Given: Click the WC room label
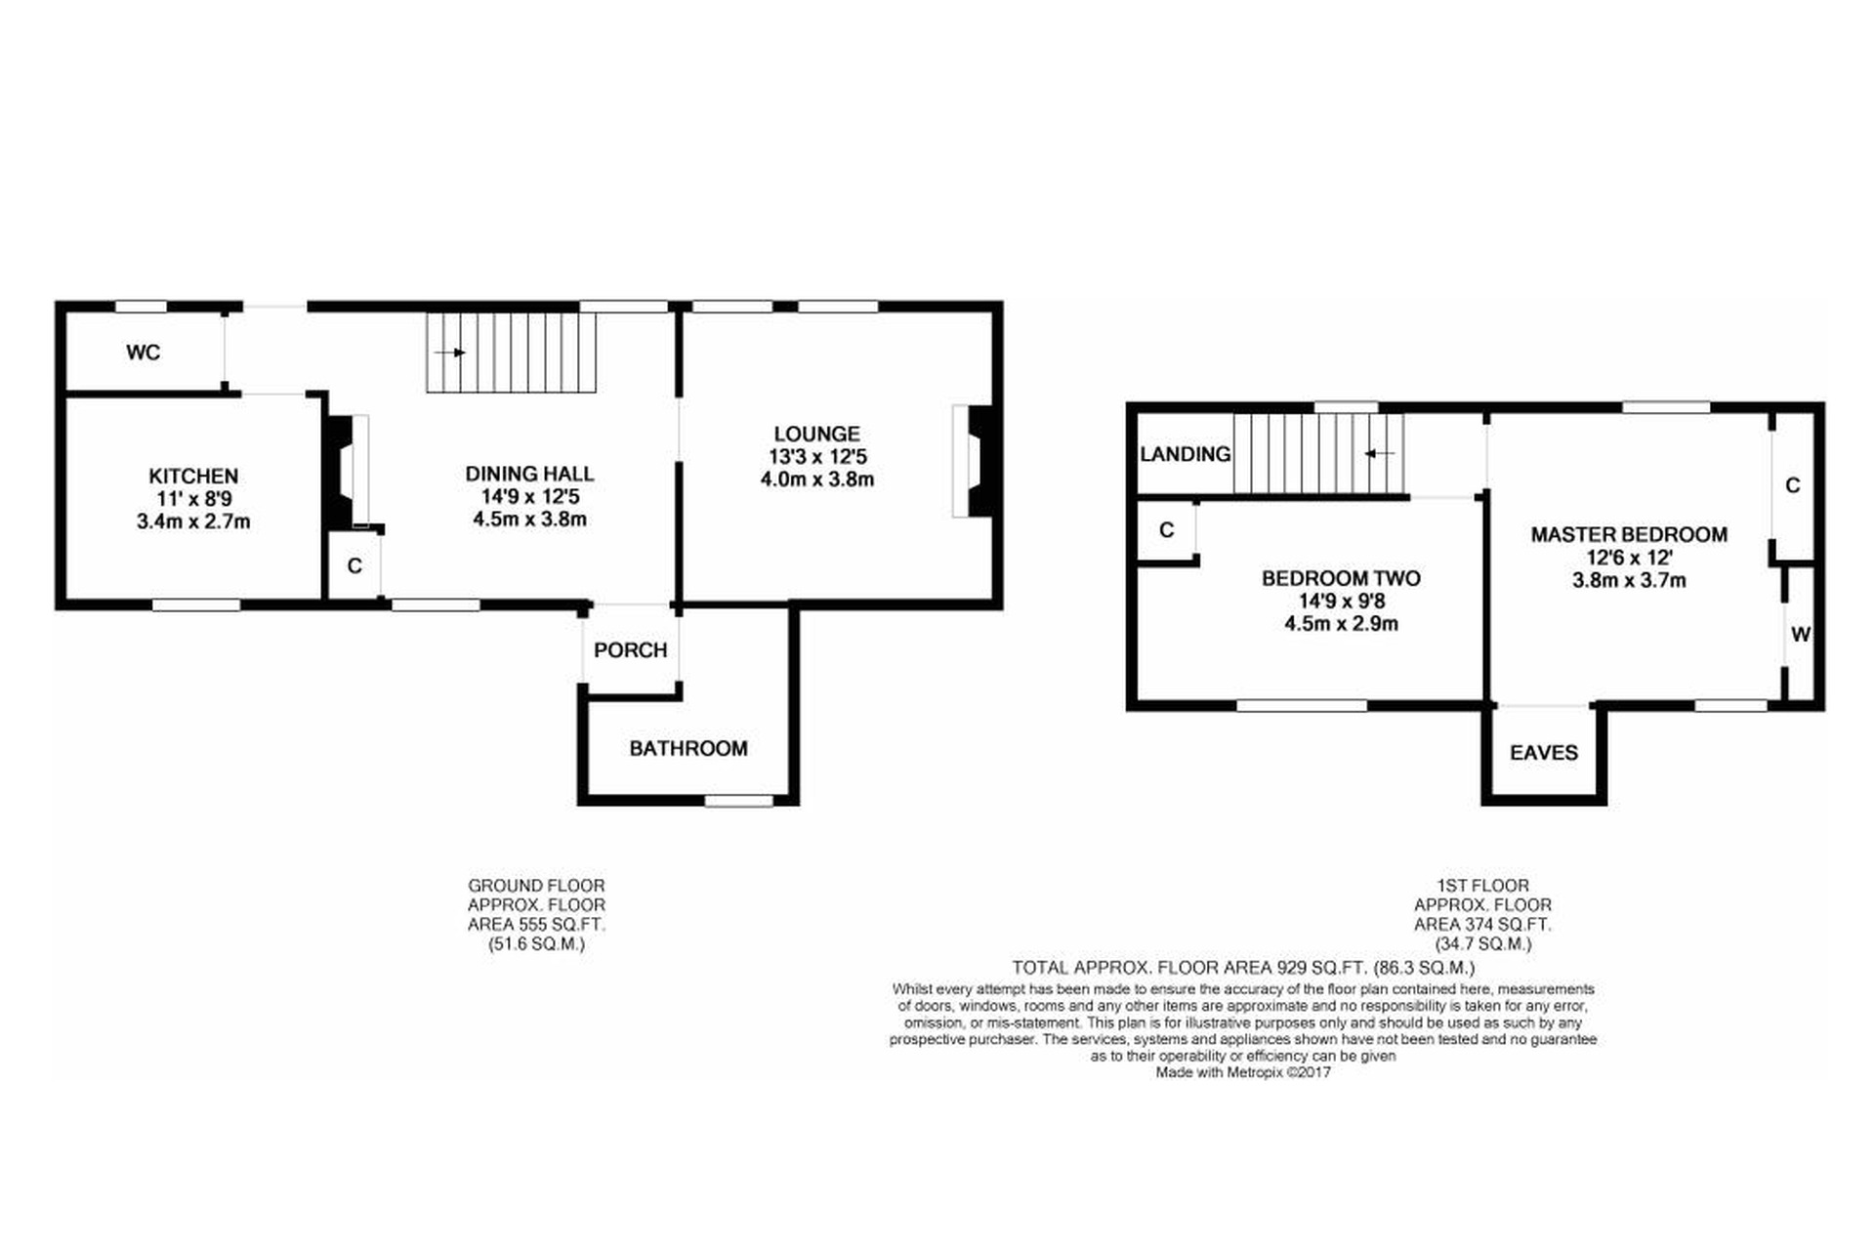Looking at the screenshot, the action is (x=144, y=353).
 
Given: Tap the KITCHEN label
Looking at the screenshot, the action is (x=193, y=477).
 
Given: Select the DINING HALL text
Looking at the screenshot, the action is (x=529, y=474).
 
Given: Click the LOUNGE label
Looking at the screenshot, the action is (x=817, y=434).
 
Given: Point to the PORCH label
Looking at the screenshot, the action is (x=631, y=650).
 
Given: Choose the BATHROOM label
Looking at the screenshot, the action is (x=688, y=749).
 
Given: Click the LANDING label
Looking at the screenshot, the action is (x=1186, y=454).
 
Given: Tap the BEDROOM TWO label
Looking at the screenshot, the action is (x=1341, y=578).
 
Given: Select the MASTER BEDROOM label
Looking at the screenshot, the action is (x=1629, y=535).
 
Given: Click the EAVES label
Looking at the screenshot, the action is (x=1544, y=753).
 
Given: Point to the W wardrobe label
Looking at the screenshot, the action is (x=1801, y=635).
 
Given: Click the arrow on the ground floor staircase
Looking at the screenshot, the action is (x=450, y=353).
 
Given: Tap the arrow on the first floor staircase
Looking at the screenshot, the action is (x=1379, y=454).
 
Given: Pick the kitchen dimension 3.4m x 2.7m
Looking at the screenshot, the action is (x=193, y=521).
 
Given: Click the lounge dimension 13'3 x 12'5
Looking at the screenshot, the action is (x=817, y=457).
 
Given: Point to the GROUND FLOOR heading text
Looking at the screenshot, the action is (x=536, y=886).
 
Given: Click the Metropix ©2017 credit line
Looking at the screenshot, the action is (x=1243, y=1072).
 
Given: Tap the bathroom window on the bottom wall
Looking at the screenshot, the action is (x=739, y=801).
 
